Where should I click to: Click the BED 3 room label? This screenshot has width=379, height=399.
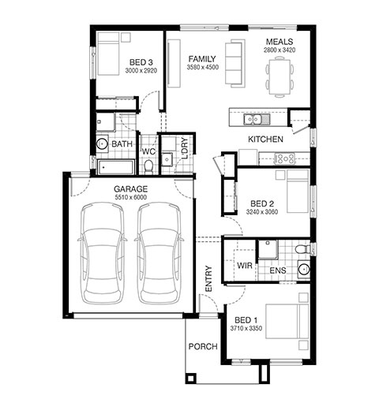coord(141,62)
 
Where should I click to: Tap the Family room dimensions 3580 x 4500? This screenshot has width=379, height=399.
coord(203,67)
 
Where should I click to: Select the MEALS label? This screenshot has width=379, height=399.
coord(280,42)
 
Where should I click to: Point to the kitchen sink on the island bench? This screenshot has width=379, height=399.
coord(253,120)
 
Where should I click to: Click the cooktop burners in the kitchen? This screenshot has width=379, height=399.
coord(284,158)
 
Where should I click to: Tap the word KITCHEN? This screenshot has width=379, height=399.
coord(265,140)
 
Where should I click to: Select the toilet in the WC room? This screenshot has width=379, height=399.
coord(148,166)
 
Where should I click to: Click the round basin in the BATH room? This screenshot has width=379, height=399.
coord(102,144)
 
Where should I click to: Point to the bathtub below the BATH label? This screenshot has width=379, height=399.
coord(116,167)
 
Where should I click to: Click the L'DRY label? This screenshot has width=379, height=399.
coord(185,148)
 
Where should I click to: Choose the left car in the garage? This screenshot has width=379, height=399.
coord(102,253)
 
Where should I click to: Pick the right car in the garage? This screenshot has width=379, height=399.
coord(159,253)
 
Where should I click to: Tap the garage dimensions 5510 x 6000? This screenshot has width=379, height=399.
coord(131,197)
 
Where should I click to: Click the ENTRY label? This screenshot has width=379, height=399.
coord(208,278)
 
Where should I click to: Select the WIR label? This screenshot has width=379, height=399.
coord(245,266)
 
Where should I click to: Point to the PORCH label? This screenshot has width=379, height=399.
coord(203,347)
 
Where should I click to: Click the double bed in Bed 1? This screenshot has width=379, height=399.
coord(287,321)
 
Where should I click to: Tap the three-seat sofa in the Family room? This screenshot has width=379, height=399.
coord(235,63)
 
